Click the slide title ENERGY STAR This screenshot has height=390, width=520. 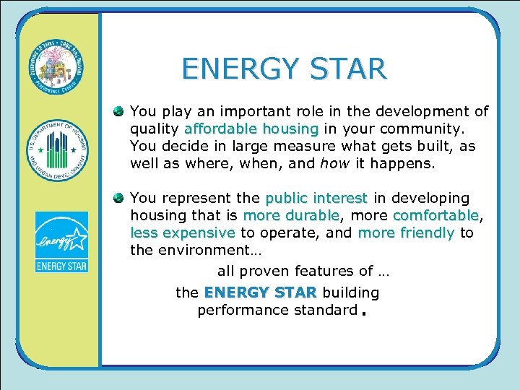[284, 69]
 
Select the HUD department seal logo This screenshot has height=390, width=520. [58, 152]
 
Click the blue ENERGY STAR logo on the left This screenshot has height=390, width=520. [61, 243]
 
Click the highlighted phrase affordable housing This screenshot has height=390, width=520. [251, 129]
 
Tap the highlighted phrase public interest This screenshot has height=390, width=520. [317, 198]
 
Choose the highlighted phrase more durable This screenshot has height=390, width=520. [291, 215]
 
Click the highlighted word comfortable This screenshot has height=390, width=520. [435, 215]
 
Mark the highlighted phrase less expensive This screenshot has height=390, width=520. [183, 233]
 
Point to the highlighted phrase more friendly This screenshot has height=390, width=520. [406, 233]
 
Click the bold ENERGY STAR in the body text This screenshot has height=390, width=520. [261, 292]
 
